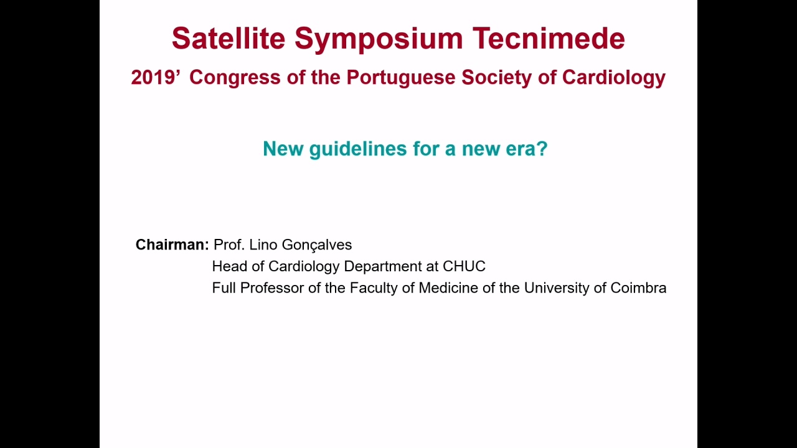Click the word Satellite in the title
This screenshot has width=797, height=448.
click(x=229, y=38)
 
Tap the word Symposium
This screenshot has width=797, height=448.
click(x=379, y=39)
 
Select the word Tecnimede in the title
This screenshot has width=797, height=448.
click(x=549, y=38)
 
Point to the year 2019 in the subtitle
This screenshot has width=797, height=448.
click(x=153, y=77)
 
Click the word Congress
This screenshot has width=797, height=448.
click(x=235, y=78)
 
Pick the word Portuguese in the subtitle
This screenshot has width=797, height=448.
click(x=400, y=78)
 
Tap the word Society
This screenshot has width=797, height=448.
click(x=496, y=78)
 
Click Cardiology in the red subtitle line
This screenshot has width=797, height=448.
click(x=614, y=78)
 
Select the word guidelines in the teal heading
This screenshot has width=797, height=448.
click(x=357, y=149)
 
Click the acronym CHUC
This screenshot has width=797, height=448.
click(x=464, y=266)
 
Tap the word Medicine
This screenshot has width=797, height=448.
click(x=448, y=287)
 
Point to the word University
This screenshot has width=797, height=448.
click(x=559, y=288)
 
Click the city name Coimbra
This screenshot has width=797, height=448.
click(x=638, y=287)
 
